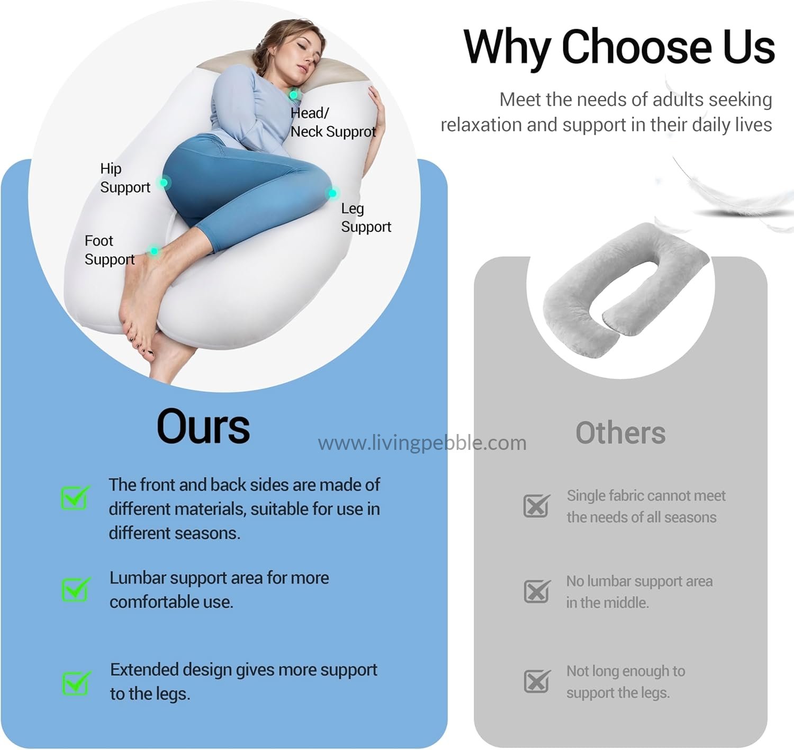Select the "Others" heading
click(x=620, y=433)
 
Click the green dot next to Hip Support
click(x=164, y=183)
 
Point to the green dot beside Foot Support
click(x=154, y=251)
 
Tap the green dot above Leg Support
click(x=332, y=194)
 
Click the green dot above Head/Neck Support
click(x=294, y=95)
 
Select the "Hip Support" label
click(x=125, y=178)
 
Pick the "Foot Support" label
click(x=110, y=250)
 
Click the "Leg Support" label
click(x=366, y=218)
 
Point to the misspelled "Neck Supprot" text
click(x=333, y=131)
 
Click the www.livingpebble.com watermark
click(x=422, y=443)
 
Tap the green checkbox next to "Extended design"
click(x=76, y=683)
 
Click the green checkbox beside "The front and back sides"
click(x=75, y=498)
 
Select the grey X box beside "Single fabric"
click(x=537, y=505)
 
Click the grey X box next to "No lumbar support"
click(x=537, y=591)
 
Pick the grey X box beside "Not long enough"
click(x=537, y=681)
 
